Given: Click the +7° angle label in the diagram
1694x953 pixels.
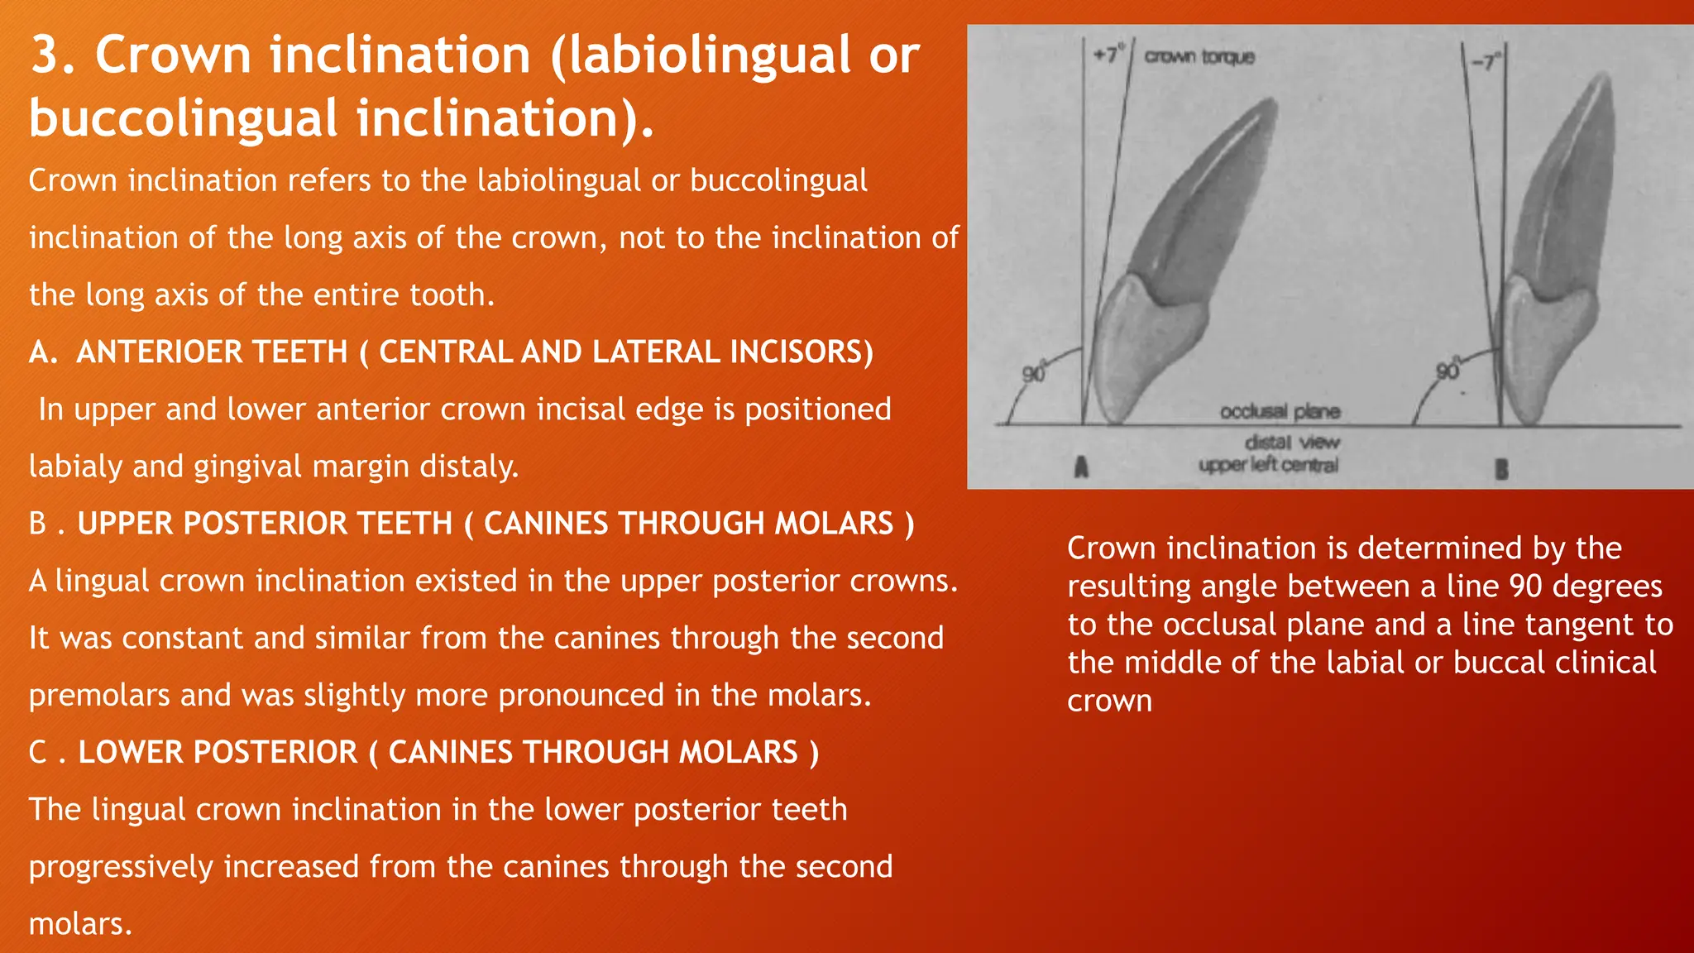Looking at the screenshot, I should coord(1106,55).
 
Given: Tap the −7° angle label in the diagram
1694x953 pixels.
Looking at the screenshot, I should coord(1487,62).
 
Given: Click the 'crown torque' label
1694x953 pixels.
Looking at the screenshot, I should coord(1199,56).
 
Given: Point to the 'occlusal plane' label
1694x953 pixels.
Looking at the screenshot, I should coord(1279,411).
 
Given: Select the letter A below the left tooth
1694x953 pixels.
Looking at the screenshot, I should coord(1080,467).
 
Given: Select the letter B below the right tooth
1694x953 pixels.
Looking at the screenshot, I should coord(1501,470).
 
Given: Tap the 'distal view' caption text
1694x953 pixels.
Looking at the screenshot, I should coord(1291,443).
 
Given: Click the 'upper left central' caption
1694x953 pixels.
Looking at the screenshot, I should coord(1268,465).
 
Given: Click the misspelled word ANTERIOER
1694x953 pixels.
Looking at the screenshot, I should coord(212,352).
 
